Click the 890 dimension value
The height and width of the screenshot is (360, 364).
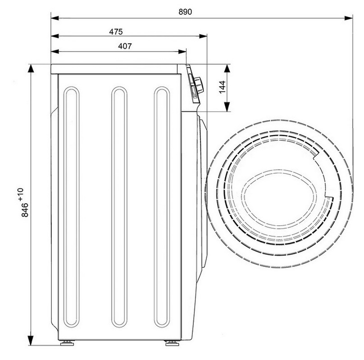pos(185,12)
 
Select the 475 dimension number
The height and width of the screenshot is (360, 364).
pos(116,31)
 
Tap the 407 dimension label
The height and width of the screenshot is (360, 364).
pos(125,46)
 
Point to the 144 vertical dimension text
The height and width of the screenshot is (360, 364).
pos(222,87)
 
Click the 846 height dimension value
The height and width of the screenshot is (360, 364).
pos(25,210)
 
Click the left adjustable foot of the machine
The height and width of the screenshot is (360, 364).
pos(67,343)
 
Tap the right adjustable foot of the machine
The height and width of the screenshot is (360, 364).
pos(172,343)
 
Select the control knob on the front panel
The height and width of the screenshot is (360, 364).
pos(199,85)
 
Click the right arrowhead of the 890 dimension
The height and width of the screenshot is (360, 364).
pos(349,18)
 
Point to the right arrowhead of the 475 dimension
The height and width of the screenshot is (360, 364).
pos(203,36)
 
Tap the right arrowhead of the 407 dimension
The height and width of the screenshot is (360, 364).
pos(182,51)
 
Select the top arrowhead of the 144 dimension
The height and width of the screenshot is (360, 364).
pos(227,68)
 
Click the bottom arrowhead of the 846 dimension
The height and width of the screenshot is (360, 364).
pos(31,341)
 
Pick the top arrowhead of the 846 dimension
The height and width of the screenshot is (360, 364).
pos(31,69)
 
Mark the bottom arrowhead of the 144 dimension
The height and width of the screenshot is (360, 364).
pos(227,107)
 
